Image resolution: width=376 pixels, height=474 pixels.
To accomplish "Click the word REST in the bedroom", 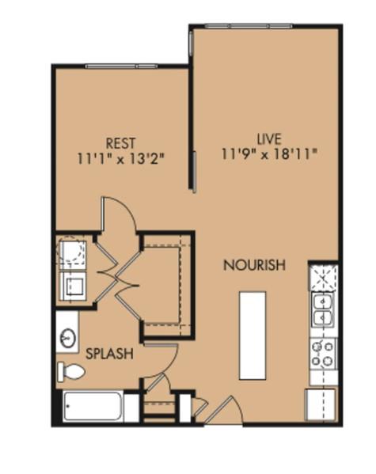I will (x=120, y=143).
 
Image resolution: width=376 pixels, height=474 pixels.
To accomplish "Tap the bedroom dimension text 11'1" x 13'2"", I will (x=120, y=157).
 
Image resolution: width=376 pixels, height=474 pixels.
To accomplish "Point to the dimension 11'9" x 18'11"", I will (x=269, y=154).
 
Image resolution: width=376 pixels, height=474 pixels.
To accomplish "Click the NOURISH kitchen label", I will (x=253, y=265).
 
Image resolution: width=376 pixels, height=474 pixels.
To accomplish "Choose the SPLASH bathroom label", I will (x=109, y=354).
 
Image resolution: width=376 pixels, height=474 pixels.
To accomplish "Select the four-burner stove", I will (x=322, y=352).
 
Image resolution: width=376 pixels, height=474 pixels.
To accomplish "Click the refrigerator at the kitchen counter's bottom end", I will (x=321, y=404).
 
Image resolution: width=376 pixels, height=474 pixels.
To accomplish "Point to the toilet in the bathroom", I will (x=71, y=371).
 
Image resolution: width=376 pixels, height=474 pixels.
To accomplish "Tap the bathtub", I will (x=92, y=408).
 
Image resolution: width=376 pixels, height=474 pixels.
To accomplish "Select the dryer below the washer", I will (x=74, y=286).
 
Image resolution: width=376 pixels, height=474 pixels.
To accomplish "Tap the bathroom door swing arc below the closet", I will (x=161, y=362).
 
